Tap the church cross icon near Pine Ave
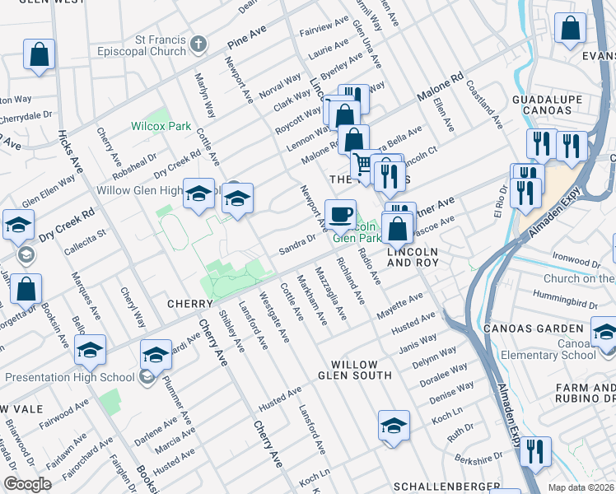[198, 43]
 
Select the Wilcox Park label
[161, 127]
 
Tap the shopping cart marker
[363, 165]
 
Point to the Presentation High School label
[68, 378]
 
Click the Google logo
[27, 484]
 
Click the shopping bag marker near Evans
[570, 30]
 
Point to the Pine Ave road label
[247, 37]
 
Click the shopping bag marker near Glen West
[39, 55]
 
